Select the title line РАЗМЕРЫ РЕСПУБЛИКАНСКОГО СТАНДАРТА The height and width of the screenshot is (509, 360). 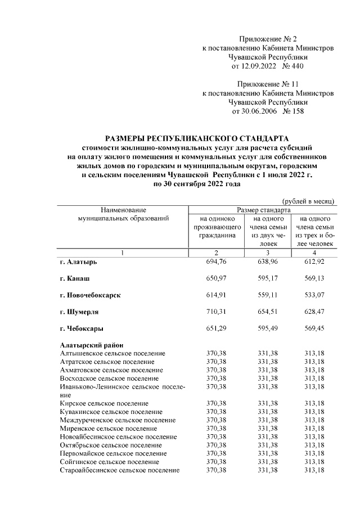[x=196, y=138]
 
